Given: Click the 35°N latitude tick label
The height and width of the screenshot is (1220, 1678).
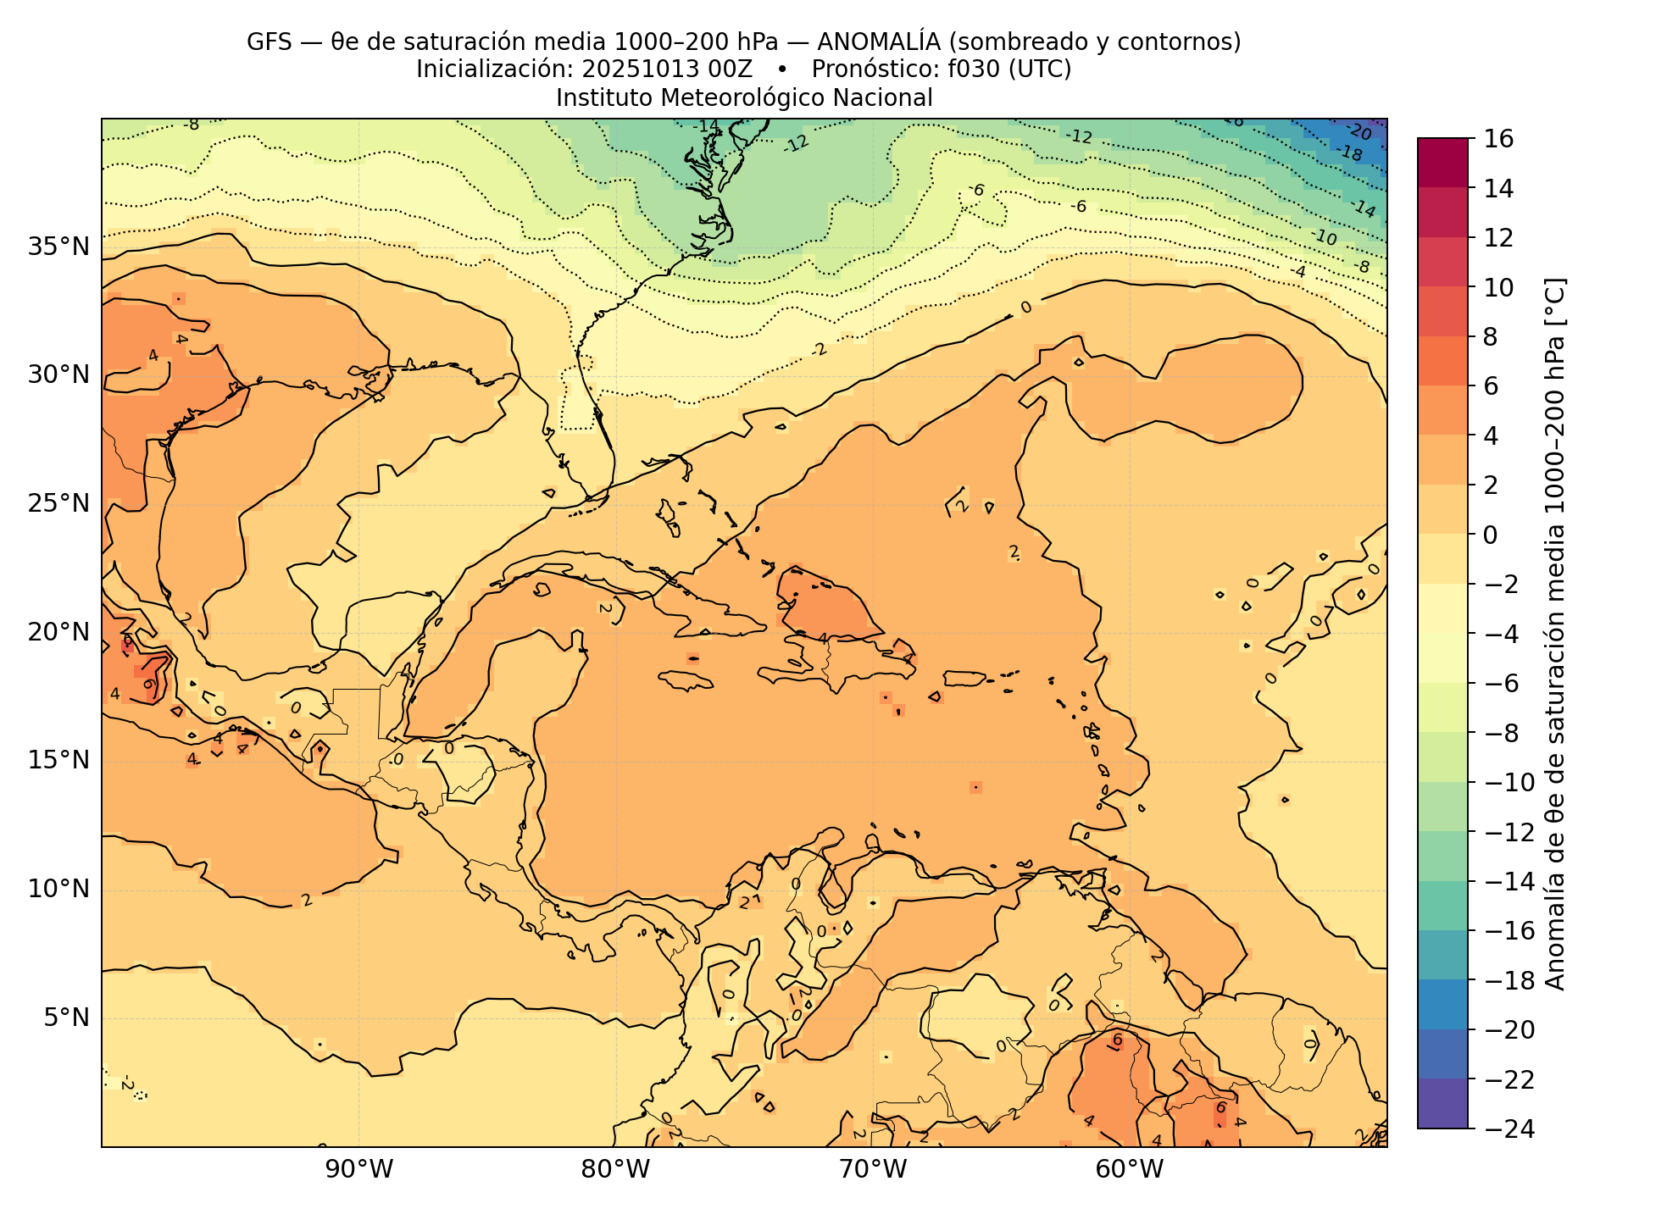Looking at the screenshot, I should tap(58, 247).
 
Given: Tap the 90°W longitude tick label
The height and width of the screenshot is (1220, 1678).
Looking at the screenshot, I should tap(358, 1170).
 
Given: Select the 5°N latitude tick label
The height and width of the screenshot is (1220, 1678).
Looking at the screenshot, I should tap(65, 1018).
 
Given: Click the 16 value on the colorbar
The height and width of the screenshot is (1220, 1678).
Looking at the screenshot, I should tap(1498, 139).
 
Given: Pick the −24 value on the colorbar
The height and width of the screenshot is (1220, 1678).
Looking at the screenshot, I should tap(1504, 1128).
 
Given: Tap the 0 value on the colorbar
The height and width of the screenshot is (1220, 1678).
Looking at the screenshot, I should tap(1491, 535).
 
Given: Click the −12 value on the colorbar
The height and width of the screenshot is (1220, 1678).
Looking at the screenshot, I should tap(1504, 832).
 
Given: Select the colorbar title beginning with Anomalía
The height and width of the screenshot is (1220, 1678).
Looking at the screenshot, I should tap(1556, 634).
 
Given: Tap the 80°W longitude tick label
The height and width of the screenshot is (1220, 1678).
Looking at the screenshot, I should tap(615, 1170).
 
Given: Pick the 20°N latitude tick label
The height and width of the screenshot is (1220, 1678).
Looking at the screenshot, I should tap(58, 632).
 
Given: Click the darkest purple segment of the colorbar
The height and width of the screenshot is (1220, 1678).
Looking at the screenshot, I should tap(1442, 1103).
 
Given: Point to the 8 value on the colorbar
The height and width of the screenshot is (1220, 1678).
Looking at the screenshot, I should tap(1491, 337).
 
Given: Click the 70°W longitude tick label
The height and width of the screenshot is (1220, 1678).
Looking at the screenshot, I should tap(873, 1170).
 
